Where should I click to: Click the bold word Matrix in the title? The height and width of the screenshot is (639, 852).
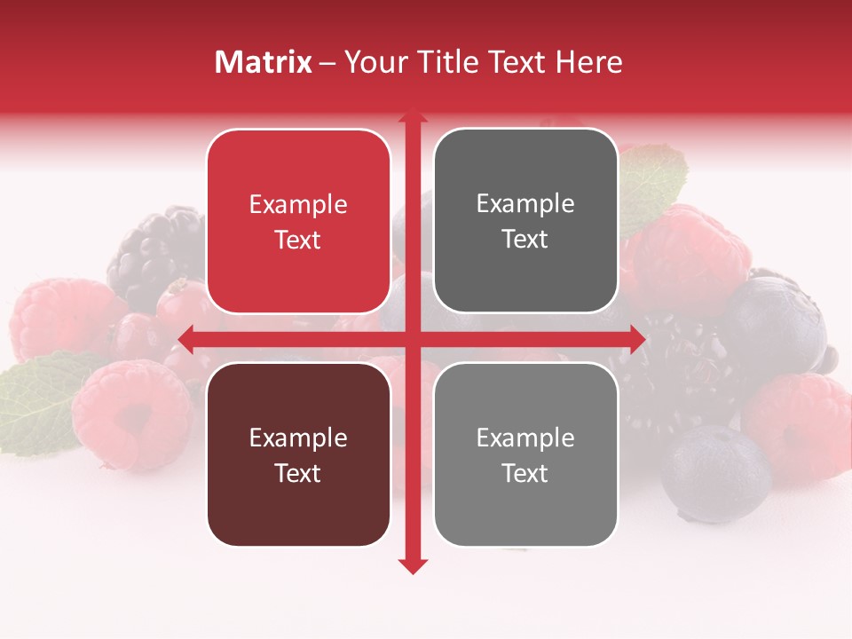pyautogui.click(x=264, y=62)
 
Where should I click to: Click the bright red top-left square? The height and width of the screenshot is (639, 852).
pyautogui.click(x=298, y=221)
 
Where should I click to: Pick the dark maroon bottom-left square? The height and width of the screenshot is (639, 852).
pyautogui.click(x=298, y=454)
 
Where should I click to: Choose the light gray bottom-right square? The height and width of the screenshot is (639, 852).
pyautogui.click(x=525, y=454)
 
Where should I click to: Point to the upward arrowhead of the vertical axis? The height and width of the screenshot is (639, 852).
pyautogui.click(x=412, y=117)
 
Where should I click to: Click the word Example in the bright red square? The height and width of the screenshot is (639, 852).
pyautogui.click(x=298, y=205)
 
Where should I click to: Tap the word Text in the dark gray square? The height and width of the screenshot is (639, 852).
pyautogui.click(x=525, y=239)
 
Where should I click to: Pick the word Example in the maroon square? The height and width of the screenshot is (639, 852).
pyautogui.click(x=298, y=438)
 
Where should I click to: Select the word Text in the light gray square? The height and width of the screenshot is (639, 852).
pyautogui.click(x=525, y=473)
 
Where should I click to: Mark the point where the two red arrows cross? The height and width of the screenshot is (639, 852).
pyautogui.click(x=412, y=338)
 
